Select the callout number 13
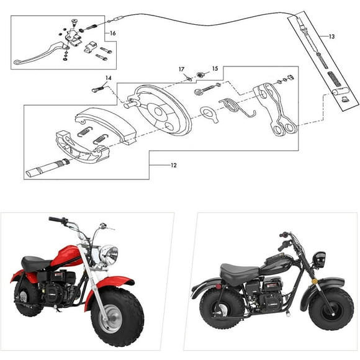click(331, 37)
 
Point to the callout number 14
click(108, 78)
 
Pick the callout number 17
click(182, 69)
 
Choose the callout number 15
click(215, 68)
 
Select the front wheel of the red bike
click(117, 317)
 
